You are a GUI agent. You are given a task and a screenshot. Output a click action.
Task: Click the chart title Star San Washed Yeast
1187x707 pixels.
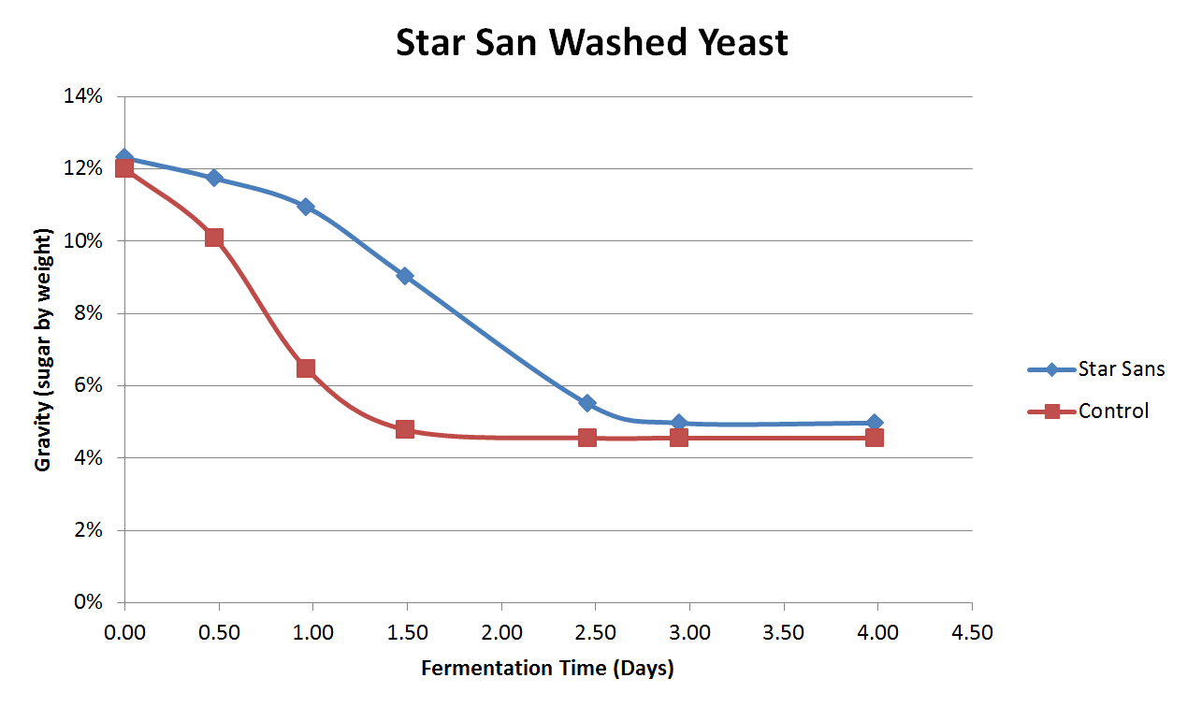(592, 43)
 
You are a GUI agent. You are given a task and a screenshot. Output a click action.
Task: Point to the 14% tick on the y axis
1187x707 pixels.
(82, 96)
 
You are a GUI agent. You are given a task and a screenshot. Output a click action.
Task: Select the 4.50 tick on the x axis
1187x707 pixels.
(972, 633)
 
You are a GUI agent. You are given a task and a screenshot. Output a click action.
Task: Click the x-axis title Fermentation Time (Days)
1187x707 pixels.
(547, 669)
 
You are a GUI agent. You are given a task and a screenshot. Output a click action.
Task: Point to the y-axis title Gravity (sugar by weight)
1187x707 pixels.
(43, 350)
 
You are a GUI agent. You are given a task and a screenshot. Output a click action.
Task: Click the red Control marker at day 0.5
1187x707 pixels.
(214, 238)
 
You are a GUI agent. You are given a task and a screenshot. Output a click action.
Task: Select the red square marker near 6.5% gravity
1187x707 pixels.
(306, 368)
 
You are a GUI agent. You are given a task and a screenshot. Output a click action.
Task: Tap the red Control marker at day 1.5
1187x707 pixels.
(405, 429)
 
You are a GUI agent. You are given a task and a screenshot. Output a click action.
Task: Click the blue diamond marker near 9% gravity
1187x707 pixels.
(405, 276)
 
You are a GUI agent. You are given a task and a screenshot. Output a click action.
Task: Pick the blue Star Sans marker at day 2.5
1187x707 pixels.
(587, 403)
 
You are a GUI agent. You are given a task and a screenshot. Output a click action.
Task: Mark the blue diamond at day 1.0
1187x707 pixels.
(306, 207)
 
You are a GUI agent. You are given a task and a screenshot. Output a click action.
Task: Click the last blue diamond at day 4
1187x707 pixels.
(875, 423)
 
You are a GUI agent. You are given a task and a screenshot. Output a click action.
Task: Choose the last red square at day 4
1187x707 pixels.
(875, 438)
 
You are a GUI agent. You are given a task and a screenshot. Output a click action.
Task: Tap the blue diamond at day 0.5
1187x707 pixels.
(214, 178)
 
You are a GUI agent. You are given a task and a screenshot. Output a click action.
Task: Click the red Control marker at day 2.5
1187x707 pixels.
(587, 438)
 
